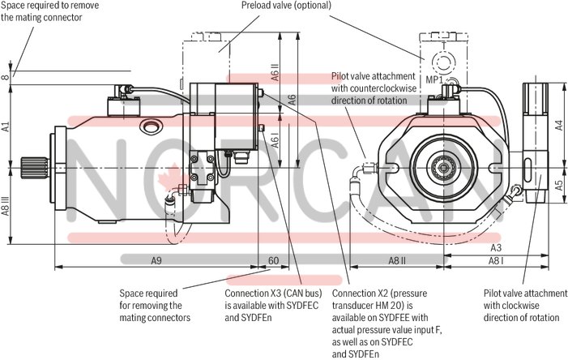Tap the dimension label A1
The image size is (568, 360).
(6, 126)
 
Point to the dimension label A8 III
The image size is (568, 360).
(6, 212)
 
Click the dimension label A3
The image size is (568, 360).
(497, 246)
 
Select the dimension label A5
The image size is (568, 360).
(558, 184)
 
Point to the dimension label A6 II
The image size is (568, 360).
(275, 74)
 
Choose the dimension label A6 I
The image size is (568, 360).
(275, 140)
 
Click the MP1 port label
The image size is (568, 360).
(435, 80)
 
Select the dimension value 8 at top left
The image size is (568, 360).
(6, 77)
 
